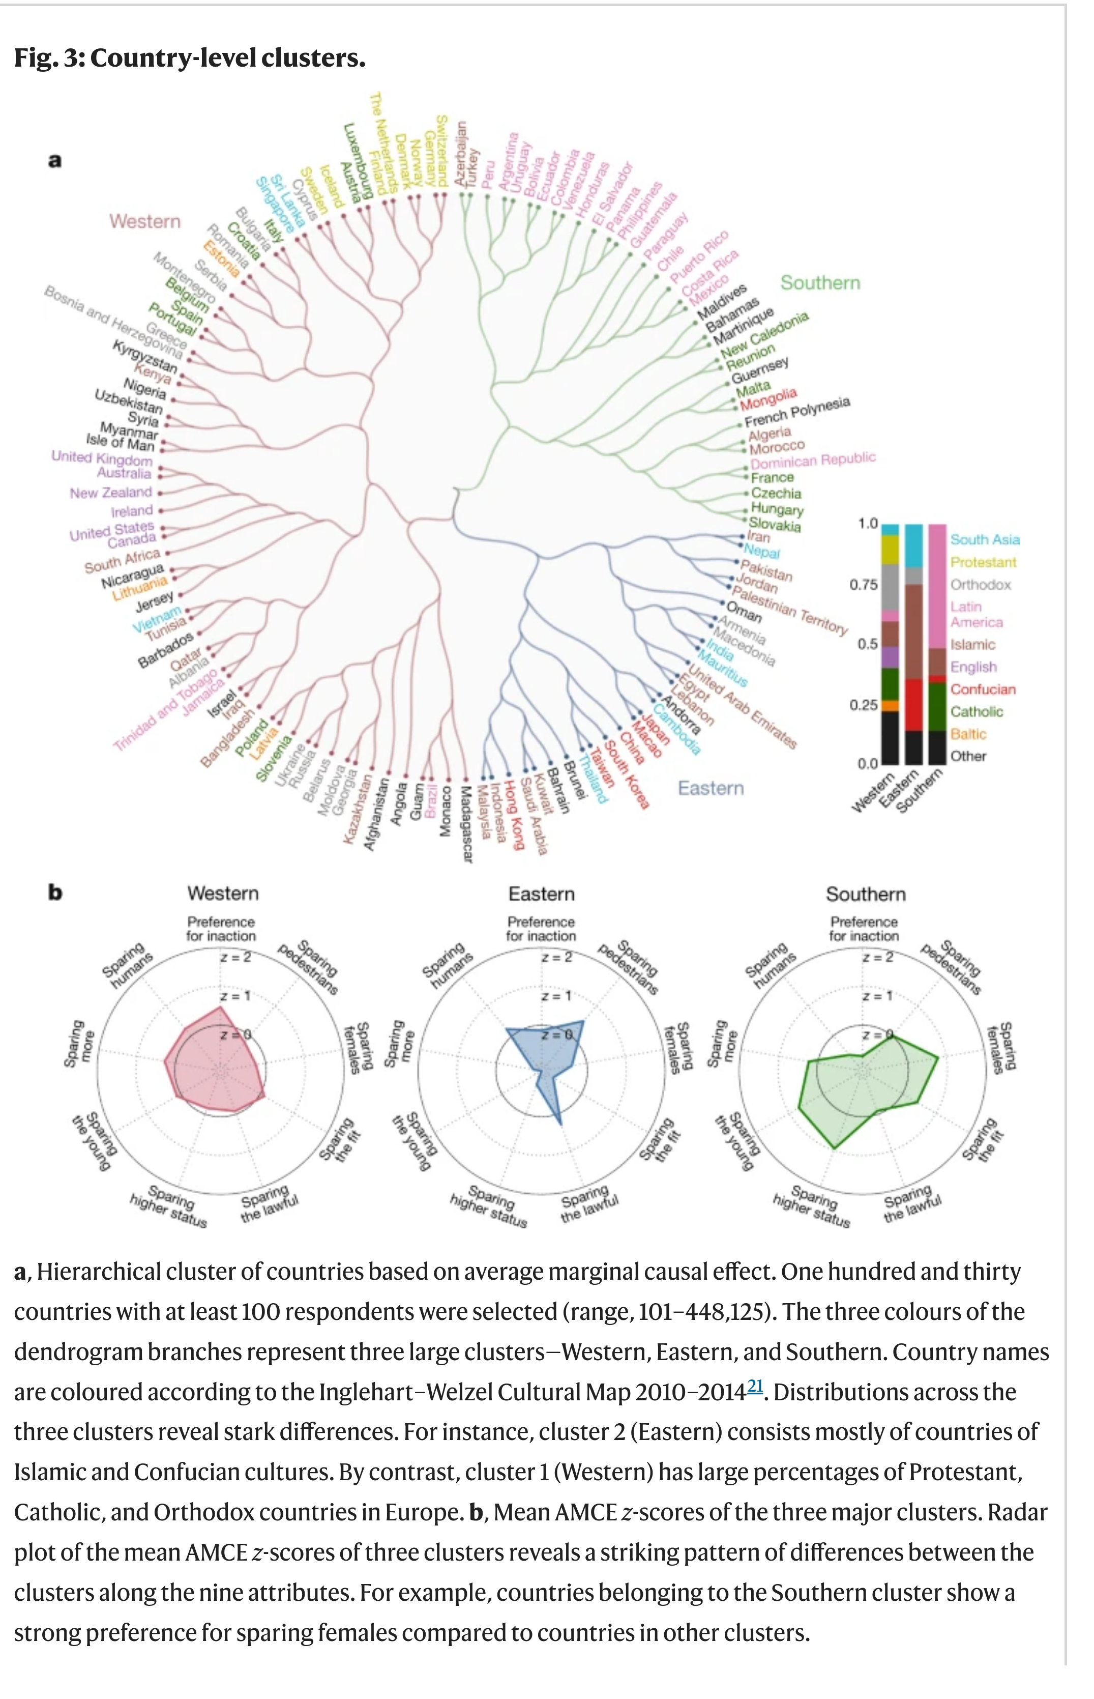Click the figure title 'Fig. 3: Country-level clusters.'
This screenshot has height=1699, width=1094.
(190, 57)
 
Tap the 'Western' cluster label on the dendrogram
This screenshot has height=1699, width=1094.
(145, 222)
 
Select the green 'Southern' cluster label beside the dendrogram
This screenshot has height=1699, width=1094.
(820, 283)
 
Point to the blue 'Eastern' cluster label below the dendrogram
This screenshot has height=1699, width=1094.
(711, 788)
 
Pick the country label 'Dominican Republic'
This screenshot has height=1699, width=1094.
(813, 460)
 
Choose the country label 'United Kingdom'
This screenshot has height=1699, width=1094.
(102, 457)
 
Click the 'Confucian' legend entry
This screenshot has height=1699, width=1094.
(983, 689)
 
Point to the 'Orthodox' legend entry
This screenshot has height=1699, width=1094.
(981, 585)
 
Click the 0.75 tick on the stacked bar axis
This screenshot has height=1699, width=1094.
(864, 585)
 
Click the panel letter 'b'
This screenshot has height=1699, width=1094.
(55, 892)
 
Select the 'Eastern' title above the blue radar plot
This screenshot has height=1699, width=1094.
(541, 894)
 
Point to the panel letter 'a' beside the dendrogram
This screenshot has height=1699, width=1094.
(55, 161)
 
